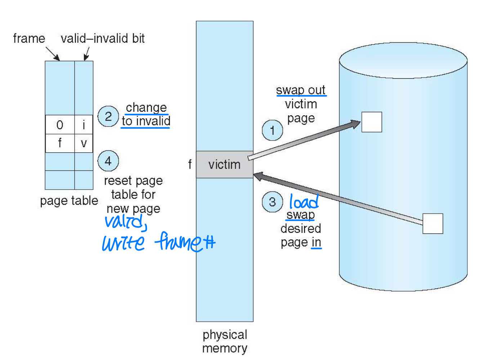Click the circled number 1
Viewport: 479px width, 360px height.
(272, 130)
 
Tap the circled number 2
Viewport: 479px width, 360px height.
(108, 116)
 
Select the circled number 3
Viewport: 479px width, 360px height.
(272, 202)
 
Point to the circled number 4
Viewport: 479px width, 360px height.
(108, 161)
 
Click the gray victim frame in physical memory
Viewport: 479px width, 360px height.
(224, 165)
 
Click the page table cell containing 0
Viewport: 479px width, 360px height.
(60, 125)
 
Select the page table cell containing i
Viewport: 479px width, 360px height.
(84, 125)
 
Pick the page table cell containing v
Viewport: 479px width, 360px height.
(84, 143)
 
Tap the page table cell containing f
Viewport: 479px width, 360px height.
(60, 143)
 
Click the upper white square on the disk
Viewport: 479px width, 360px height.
(372, 122)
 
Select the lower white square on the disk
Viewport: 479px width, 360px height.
(433, 224)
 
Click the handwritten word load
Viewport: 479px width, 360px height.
(304, 202)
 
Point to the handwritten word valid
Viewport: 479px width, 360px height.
(125, 222)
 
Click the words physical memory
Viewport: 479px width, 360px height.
(225, 341)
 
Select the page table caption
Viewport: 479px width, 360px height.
(69, 201)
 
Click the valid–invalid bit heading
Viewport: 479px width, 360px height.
(103, 39)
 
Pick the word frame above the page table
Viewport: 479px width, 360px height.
(29, 39)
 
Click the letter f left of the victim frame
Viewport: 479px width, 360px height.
(190, 165)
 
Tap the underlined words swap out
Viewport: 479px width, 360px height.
(301, 90)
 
